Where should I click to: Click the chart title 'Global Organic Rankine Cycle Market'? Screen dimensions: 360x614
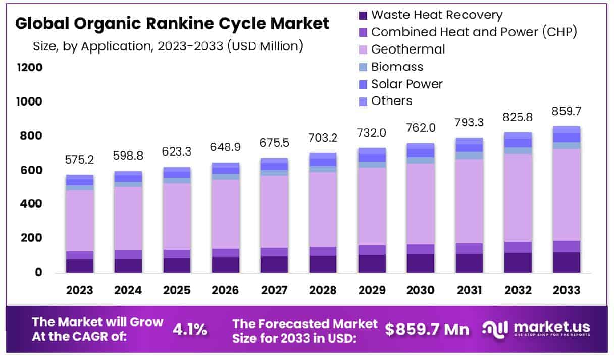(172, 24)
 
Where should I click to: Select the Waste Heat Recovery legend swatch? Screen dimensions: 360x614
(362, 15)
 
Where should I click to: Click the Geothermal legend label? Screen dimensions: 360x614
(408, 49)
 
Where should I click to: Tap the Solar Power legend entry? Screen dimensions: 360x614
(406, 84)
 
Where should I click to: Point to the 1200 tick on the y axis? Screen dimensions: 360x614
(30, 68)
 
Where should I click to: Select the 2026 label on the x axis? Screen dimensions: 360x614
(225, 290)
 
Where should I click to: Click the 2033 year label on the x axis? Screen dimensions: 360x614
(566, 290)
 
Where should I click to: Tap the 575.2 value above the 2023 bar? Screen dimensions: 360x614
(79, 160)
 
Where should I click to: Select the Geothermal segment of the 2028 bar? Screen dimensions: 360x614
(323, 210)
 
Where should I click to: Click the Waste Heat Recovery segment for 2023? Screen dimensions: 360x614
(79, 266)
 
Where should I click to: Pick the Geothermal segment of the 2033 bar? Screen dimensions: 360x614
(566, 195)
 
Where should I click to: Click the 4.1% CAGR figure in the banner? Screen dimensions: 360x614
(190, 330)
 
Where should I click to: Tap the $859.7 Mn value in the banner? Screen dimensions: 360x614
(427, 330)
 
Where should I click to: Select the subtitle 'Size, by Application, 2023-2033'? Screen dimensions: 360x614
(168, 46)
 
